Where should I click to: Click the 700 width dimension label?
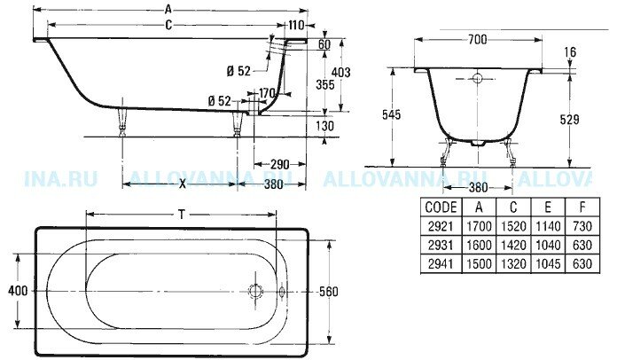477,39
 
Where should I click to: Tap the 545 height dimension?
391,114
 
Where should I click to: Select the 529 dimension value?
569,119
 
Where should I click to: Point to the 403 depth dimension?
340,72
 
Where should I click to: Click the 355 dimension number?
325,84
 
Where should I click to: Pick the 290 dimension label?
280,164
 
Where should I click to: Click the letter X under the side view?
183,184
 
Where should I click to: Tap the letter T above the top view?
181,215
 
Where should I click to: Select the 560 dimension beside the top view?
329,292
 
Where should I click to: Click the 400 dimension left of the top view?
18,291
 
